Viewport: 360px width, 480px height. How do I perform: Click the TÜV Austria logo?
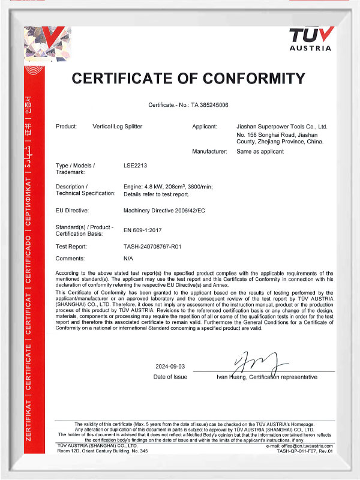(310, 38)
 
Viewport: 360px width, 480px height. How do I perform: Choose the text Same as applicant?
(260, 152)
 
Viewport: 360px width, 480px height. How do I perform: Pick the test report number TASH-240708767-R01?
(155, 246)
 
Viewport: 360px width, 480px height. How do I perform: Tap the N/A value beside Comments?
(128, 257)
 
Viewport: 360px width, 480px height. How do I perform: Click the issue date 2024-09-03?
(170, 365)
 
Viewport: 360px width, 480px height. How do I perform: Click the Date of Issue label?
(170, 377)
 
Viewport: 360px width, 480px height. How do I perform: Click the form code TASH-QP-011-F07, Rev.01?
(304, 451)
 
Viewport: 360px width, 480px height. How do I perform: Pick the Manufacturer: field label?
(209, 152)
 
